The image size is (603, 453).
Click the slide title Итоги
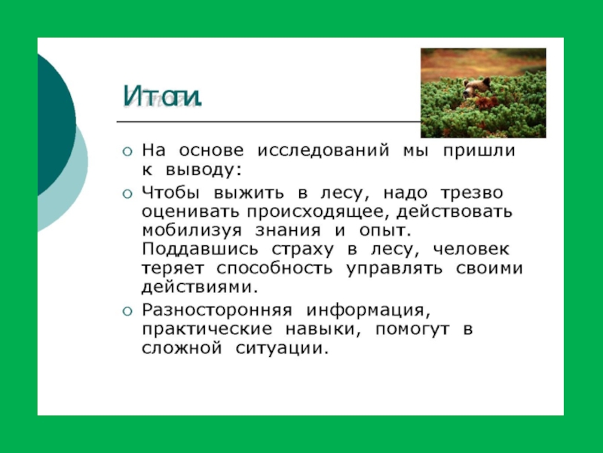pyautogui.click(x=162, y=97)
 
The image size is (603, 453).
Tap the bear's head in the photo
pyautogui.click(x=476, y=88)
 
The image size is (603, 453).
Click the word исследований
pyautogui.click(x=323, y=150)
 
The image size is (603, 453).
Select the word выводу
pyautogui.click(x=204, y=169)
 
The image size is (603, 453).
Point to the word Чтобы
pyautogui.click(x=170, y=193)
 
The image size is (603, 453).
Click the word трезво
pyautogui.click(x=472, y=193)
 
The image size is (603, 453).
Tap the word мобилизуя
pyautogui.click(x=191, y=231)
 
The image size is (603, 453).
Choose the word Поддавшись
pyautogui.click(x=200, y=249)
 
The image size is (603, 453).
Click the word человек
pyautogui.click(x=471, y=249)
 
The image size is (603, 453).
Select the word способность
pyautogui.click(x=274, y=269)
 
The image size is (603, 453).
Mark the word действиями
pyautogui.click(x=200, y=288)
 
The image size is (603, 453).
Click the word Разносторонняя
pyautogui.click(x=217, y=310)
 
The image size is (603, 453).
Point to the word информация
pyautogui.click(x=368, y=310)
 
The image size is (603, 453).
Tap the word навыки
pyautogui.click(x=323, y=329)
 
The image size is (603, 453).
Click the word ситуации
pyautogui.click(x=282, y=349)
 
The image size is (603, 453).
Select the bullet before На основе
pyautogui.click(x=127, y=152)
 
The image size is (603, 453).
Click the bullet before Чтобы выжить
pyautogui.click(x=127, y=194)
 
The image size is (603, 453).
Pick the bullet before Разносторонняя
pyautogui.click(x=127, y=311)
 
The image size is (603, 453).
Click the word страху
pyautogui.click(x=303, y=250)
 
